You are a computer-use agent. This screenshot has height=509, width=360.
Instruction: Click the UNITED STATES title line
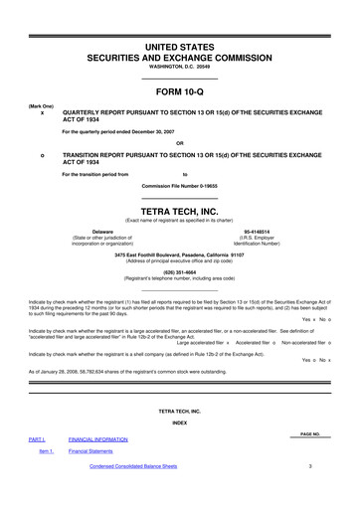click(x=179, y=47)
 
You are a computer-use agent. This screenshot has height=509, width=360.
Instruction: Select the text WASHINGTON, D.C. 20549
click(x=179, y=68)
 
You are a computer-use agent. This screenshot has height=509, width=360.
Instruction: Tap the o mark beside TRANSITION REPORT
click(x=42, y=157)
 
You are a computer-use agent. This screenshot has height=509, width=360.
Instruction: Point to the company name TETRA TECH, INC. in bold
click(x=179, y=210)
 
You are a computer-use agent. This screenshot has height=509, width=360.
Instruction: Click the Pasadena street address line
click(x=179, y=254)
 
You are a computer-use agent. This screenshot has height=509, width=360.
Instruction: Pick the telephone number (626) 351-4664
click(x=179, y=268)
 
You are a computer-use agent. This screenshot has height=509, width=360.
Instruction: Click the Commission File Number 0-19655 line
click(x=179, y=186)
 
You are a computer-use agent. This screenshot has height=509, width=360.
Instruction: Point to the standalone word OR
click(x=179, y=143)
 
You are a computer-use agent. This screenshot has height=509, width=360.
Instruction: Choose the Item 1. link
click(x=46, y=451)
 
